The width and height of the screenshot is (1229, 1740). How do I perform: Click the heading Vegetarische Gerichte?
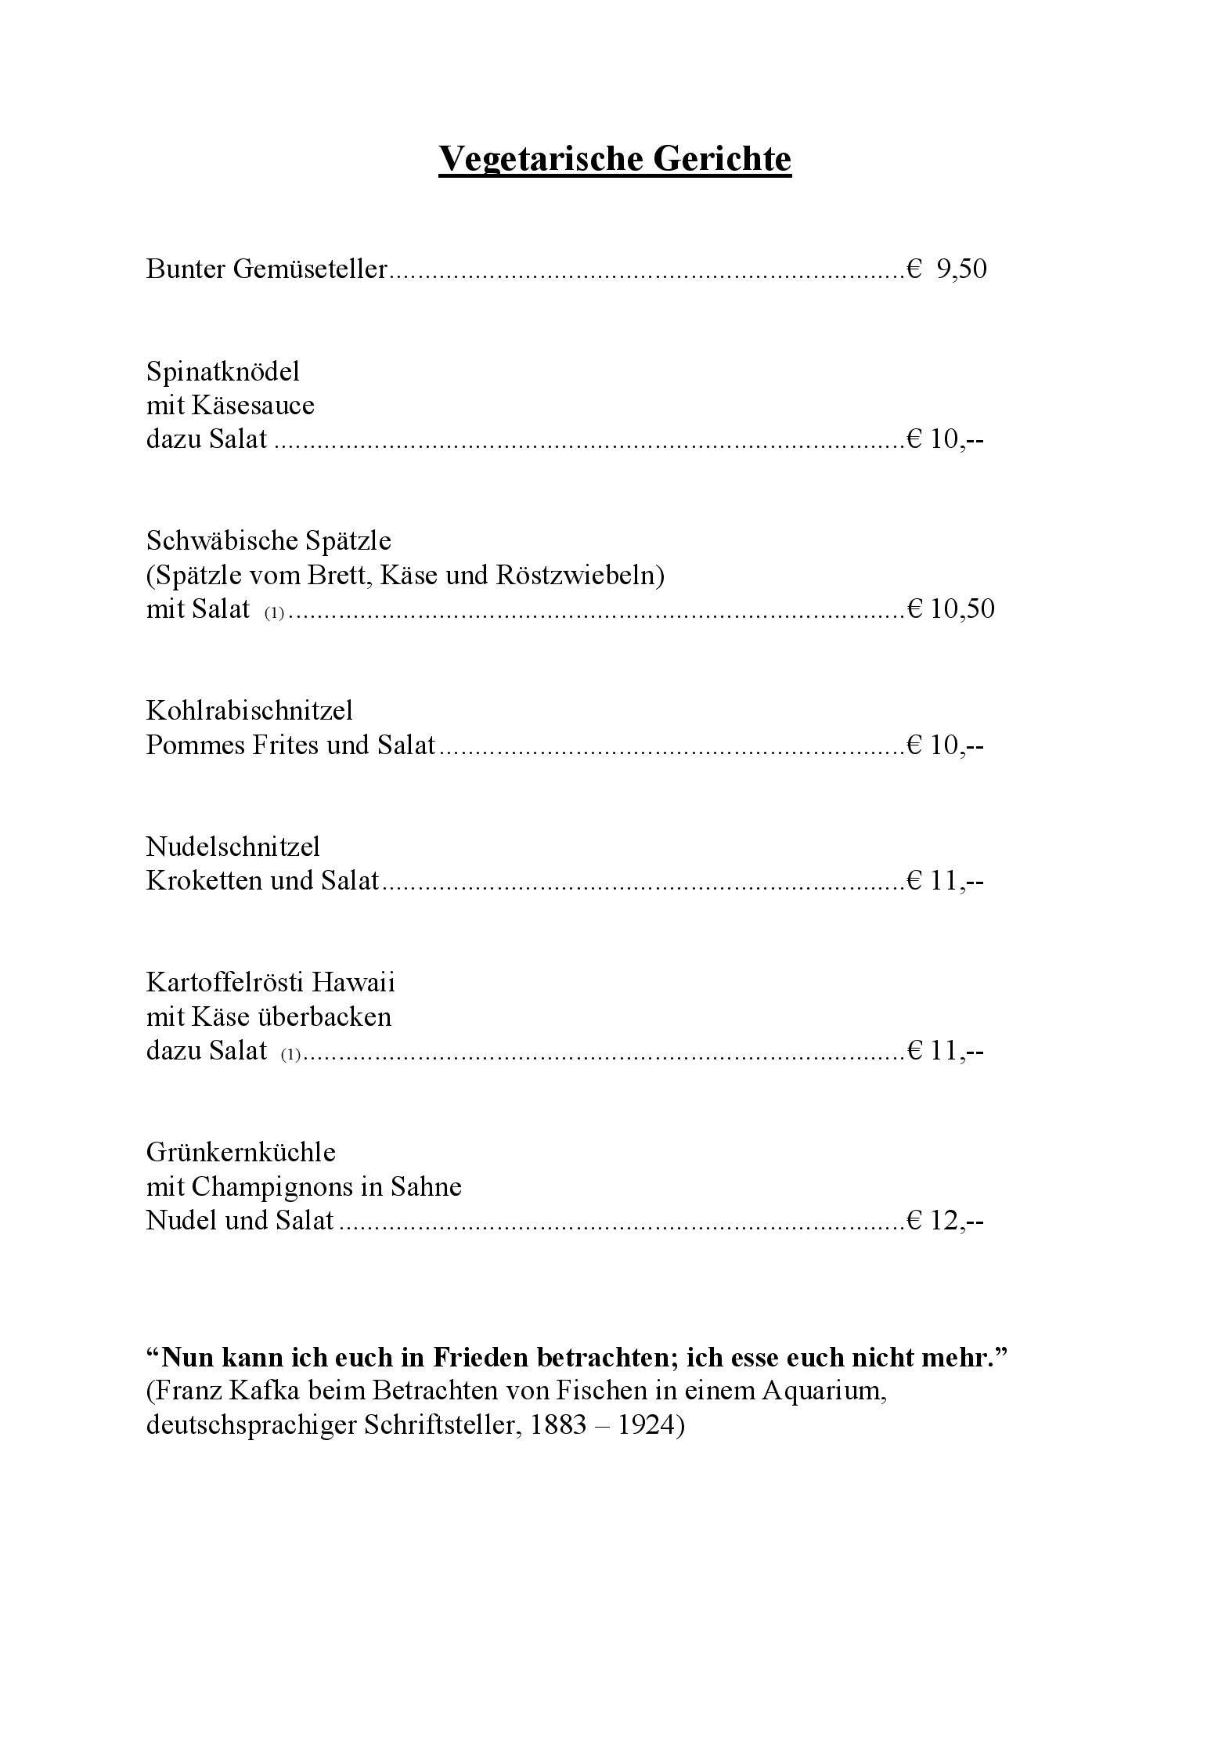614,158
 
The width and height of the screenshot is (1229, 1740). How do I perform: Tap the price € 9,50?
947,269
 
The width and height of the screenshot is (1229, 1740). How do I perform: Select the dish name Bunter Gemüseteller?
266,269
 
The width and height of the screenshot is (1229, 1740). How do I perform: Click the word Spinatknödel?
223,371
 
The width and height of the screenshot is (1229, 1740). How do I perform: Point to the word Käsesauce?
253,406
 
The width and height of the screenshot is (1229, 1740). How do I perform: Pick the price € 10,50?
950,608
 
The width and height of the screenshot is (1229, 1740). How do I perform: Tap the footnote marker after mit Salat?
273,613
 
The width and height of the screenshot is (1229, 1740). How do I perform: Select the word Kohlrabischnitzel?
249,710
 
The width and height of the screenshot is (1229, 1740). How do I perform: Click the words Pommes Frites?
232,745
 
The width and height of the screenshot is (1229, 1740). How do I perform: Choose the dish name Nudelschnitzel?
232,847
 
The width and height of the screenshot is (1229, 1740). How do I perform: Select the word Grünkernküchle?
240,1152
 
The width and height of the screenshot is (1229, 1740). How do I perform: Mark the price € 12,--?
944,1220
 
